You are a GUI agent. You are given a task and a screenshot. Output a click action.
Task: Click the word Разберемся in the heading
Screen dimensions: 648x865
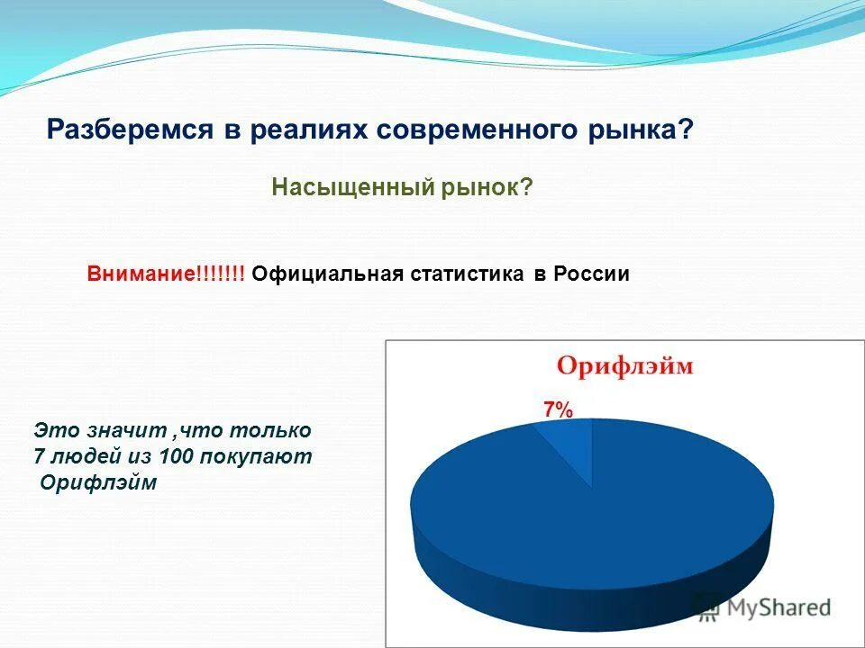(126, 130)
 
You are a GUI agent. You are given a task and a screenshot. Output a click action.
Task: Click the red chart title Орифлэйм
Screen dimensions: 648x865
(624, 367)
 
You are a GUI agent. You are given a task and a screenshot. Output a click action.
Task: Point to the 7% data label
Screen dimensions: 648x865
(558, 409)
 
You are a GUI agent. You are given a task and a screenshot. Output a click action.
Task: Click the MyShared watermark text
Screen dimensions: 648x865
(778, 607)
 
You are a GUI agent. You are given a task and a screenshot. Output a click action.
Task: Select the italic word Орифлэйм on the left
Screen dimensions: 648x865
(99, 483)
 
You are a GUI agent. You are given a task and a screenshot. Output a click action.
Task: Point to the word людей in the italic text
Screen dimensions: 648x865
(78, 456)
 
